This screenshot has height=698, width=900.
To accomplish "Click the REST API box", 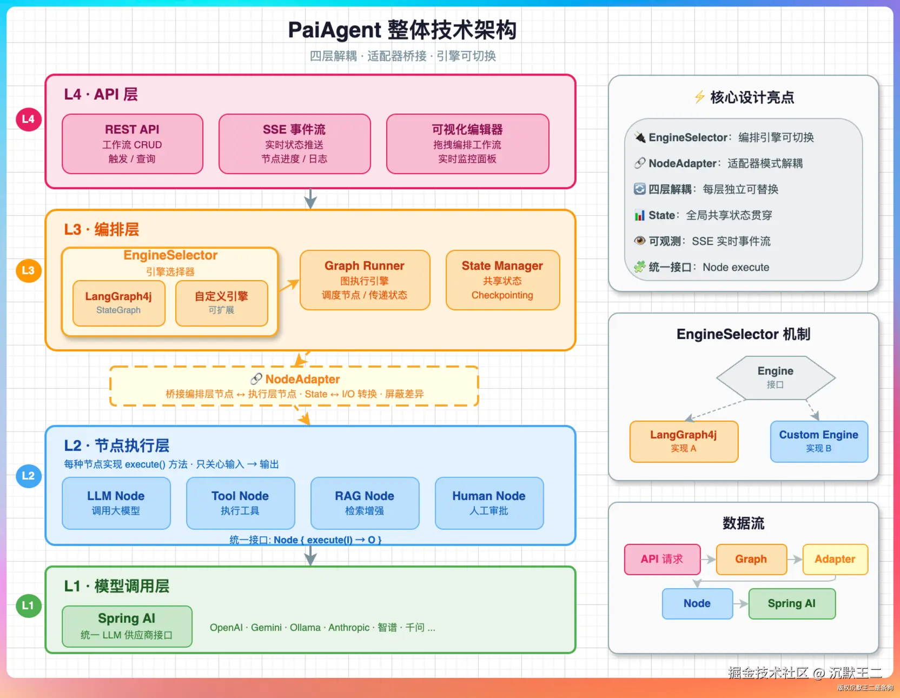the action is click(133, 144).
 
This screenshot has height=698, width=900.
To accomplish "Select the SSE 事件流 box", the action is click(295, 144).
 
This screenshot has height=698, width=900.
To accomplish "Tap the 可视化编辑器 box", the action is click(468, 144).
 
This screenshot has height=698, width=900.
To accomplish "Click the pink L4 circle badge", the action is click(28, 119).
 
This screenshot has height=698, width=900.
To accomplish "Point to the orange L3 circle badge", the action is click(28, 270).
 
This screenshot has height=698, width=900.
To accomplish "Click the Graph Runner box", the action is click(365, 280).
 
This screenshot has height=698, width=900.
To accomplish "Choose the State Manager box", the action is click(503, 280).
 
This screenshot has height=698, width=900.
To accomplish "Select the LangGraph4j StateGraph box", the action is click(119, 303).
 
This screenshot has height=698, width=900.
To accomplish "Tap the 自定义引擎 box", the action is click(222, 303).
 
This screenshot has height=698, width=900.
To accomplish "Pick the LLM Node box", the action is click(116, 503).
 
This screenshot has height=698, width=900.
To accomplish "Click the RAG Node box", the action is click(365, 503).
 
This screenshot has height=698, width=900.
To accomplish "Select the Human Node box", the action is click(489, 503).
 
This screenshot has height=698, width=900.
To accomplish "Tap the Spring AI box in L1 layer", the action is click(127, 627).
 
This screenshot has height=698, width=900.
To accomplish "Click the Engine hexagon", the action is click(776, 377).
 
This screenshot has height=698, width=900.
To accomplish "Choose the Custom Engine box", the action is click(819, 442).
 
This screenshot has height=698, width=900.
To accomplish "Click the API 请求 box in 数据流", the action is click(662, 560).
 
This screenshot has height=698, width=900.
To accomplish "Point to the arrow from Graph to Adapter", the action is click(795, 560).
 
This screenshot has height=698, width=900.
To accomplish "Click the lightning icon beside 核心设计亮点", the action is click(699, 97).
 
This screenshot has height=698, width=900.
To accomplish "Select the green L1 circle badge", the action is click(28, 606).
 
